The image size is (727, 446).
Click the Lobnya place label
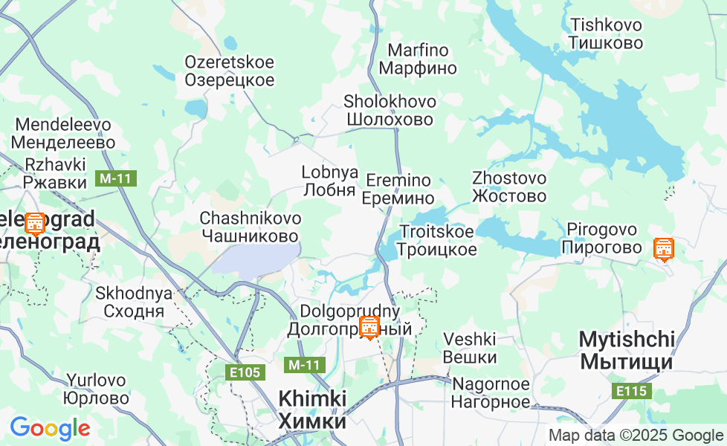pos(329,181)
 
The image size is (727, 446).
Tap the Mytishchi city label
pos(627,351)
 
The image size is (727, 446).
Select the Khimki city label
pos(312,410)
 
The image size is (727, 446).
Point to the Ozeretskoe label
pos(229,71)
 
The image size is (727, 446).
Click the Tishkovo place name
pos(605,33)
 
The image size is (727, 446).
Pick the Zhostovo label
pos(509,187)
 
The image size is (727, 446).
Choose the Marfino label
pos(418,59)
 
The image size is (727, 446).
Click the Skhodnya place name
pos(134,302)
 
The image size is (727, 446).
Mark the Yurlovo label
pos(97,389)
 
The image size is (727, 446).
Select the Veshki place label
pos(469,348)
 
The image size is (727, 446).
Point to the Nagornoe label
pos(491,393)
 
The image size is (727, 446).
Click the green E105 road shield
pos(245,372)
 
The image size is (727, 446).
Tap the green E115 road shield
pos(633,391)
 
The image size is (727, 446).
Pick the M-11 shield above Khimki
pos(305,365)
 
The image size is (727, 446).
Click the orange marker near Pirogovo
pos(663,249)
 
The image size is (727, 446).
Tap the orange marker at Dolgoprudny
pos(369,326)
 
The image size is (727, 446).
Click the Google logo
pos(50,428)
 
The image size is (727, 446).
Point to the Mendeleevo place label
pos(64,133)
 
